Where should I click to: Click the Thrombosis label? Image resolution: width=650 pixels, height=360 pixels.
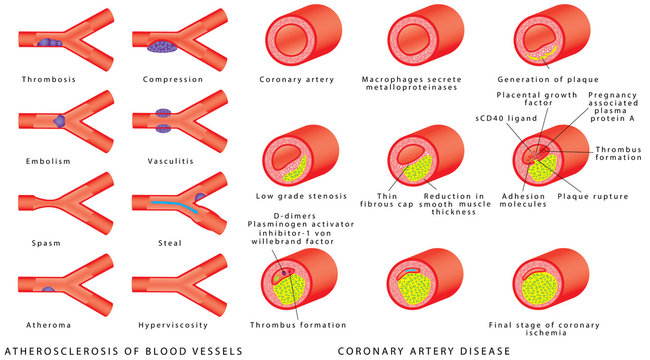[48, 79]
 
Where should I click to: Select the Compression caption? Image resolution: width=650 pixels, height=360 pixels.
[167, 79]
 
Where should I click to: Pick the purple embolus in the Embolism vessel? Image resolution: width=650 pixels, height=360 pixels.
[58, 119]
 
